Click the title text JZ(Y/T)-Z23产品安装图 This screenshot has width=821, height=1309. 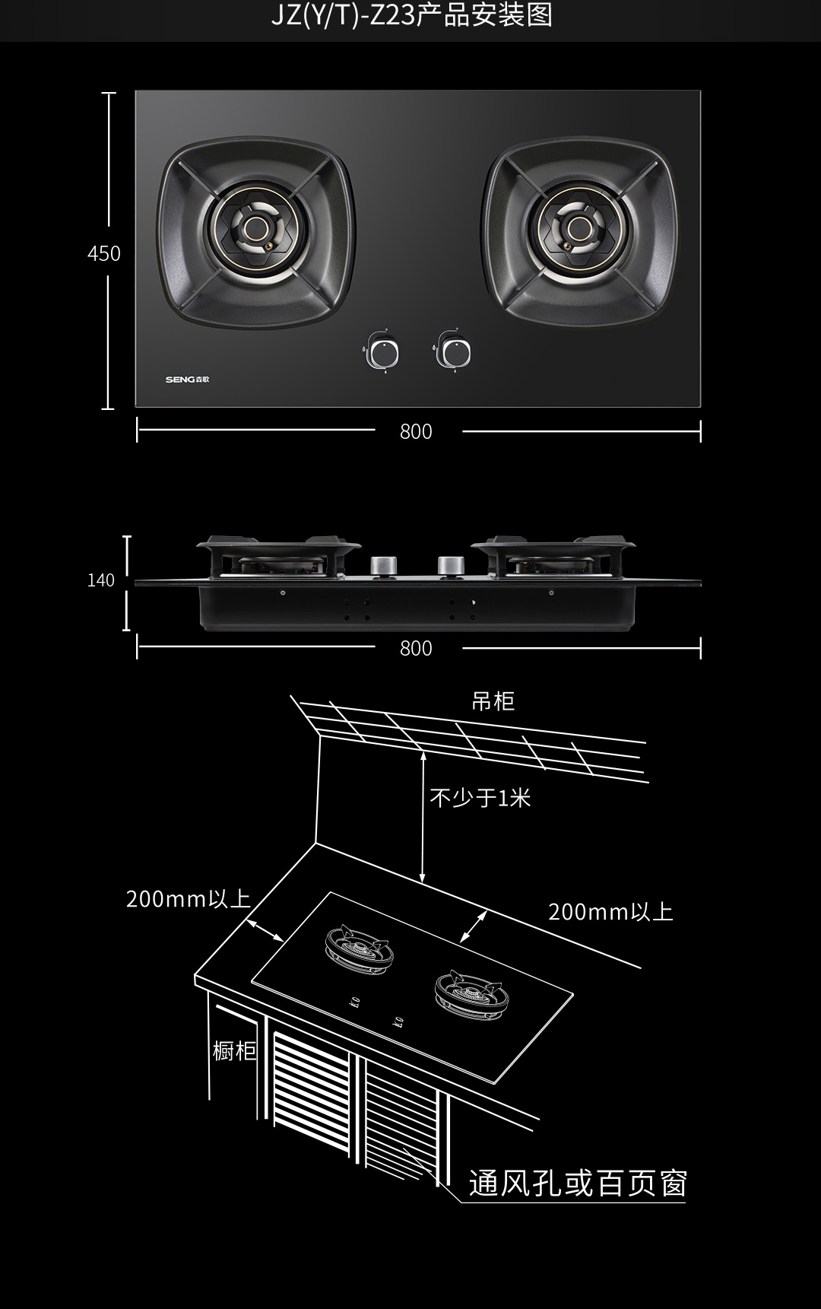click(411, 15)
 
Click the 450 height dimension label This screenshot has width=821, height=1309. click(103, 253)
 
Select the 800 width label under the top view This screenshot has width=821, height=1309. click(416, 431)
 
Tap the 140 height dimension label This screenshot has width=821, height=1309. click(100, 580)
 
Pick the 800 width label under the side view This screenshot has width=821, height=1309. click(416, 648)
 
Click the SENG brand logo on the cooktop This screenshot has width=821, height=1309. click(187, 379)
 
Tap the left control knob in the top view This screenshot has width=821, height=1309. click(382, 353)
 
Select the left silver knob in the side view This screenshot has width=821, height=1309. click(383, 567)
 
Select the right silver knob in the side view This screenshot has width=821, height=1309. click(451, 567)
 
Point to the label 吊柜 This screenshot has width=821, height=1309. click(493, 701)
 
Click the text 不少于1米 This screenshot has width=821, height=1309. click(480, 798)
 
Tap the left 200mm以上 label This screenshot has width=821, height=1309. click(188, 899)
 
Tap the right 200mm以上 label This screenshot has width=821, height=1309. click(610, 912)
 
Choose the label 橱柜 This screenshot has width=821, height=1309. click(234, 1051)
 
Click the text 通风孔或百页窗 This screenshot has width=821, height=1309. click(578, 1184)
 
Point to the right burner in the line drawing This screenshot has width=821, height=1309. click(469, 993)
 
